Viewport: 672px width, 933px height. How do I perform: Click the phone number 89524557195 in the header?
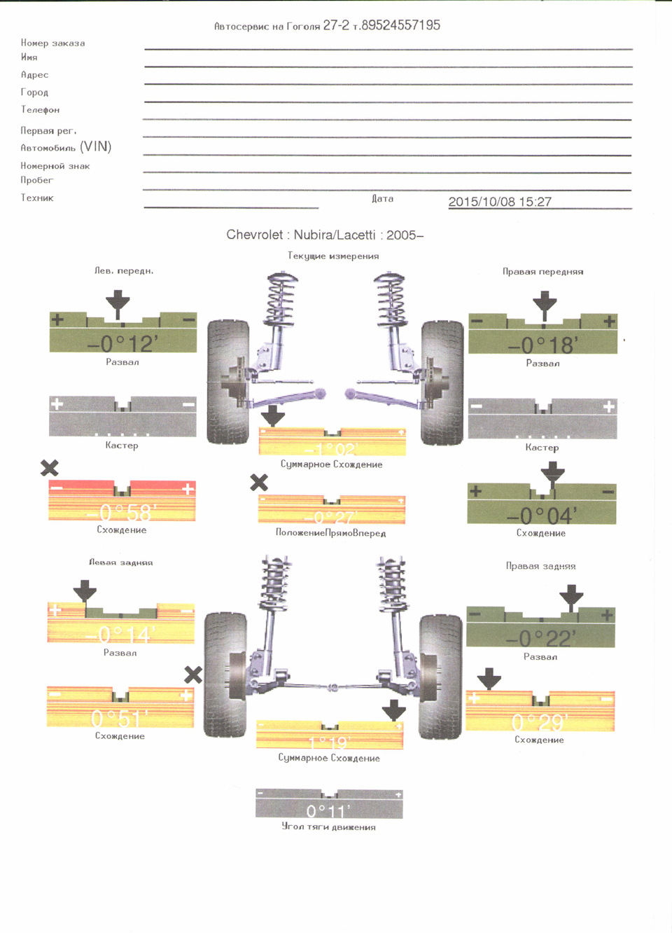pyautogui.click(x=400, y=25)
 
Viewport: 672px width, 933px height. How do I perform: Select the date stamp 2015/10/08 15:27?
pyautogui.click(x=500, y=202)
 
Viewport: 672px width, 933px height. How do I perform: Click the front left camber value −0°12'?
pyautogui.click(x=122, y=343)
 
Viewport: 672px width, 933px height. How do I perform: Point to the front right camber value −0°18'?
pyautogui.click(x=542, y=345)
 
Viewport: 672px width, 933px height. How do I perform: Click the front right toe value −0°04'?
pyautogui.click(x=542, y=516)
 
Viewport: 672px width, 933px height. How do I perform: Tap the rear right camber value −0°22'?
pyautogui.click(x=540, y=638)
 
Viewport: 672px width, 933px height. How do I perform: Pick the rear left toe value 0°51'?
pyautogui.click(x=120, y=719)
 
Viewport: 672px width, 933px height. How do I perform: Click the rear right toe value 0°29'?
pyautogui.click(x=540, y=721)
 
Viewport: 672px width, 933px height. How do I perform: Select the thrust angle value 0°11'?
pyautogui.click(x=329, y=811)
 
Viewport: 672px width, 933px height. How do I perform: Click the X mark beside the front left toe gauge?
pyautogui.click(x=50, y=468)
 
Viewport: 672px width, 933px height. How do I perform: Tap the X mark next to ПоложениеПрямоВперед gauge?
pyautogui.click(x=259, y=482)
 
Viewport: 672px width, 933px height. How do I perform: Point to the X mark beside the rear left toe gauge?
pyautogui.click(x=193, y=675)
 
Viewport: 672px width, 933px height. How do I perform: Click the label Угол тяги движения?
pyautogui.click(x=329, y=827)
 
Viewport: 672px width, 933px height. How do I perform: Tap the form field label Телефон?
pyautogui.click(x=41, y=110)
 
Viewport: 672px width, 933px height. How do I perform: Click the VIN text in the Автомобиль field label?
pyautogui.click(x=96, y=146)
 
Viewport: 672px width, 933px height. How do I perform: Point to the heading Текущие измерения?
pyautogui.click(x=333, y=256)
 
